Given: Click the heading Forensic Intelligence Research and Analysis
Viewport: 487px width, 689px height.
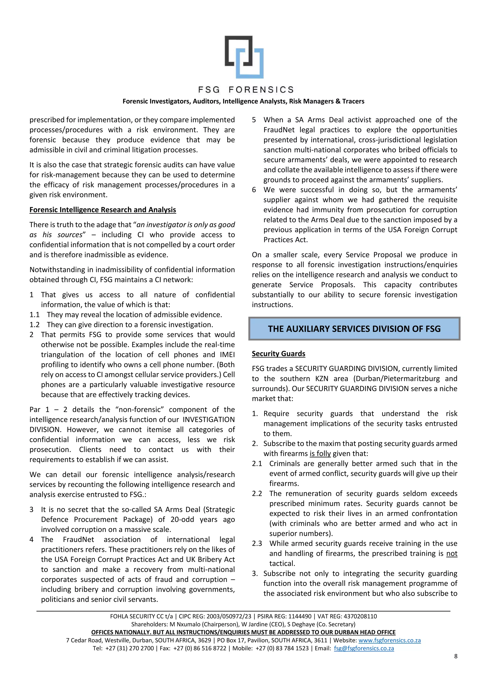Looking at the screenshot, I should [x=102, y=210].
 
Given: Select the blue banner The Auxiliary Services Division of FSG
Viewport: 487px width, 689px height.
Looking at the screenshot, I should [x=354, y=329].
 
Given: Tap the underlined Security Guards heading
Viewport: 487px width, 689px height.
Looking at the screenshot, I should [x=278, y=354].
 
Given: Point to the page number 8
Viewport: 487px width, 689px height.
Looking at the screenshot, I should [x=456, y=656].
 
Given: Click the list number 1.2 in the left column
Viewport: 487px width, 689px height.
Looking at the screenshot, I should [x=34, y=325].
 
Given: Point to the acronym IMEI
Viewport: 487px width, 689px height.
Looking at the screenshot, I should [x=227, y=355].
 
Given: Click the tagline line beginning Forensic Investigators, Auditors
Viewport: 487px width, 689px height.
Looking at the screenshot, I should [x=243, y=101].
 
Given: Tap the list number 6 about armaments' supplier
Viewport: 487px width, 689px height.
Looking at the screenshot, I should [x=254, y=190].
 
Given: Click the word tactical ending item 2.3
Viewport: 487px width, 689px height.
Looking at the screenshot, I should [x=282, y=563].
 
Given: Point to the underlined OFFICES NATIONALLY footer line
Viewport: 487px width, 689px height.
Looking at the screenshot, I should [x=243, y=632].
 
